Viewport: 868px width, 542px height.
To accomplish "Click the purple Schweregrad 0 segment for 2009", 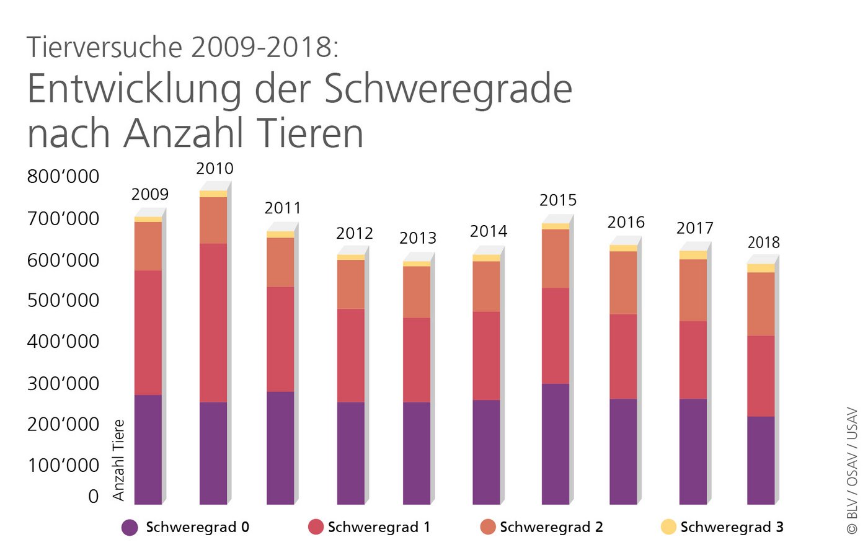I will pyautogui.click(x=148, y=449).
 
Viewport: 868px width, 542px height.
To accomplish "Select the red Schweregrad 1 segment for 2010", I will pyautogui.click(x=213, y=322).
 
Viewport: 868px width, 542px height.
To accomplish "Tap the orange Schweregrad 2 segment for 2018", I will pyautogui.click(x=761, y=304).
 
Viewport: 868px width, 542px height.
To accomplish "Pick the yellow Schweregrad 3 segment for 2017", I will pyautogui.click(x=693, y=255).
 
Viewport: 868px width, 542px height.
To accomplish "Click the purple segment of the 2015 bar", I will pyautogui.click(x=555, y=443).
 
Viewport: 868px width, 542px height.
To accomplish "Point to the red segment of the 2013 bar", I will pyautogui.click(x=417, y=360).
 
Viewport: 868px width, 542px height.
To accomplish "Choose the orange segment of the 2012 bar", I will pyautogui.click(x=351, y=284).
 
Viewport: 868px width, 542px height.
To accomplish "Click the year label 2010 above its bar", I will pyautogui.click(x=215, y=169).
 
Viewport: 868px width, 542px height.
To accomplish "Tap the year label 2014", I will pyautogui.click(x=489, y=231).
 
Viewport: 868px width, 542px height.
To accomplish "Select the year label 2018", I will pyautogui.click(x=763, y=242).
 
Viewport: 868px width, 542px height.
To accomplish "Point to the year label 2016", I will pyautogui.click(x=626, y=222).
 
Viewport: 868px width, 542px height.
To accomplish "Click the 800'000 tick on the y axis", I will pyautogui.click(x=63, y=177).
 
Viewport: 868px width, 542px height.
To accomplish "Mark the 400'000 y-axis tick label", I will pyautogui.click(x=63, y=342).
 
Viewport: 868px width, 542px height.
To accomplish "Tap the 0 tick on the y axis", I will pyautogui.click(x=93, y=496).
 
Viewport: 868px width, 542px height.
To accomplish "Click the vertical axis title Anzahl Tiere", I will pyautogui.click(x=118, y=460).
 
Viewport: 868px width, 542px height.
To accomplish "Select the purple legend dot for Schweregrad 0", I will pyautogui.click(x=130, y=527).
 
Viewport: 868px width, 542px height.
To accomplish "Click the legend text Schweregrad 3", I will pyautogui.click(x=732, y=527).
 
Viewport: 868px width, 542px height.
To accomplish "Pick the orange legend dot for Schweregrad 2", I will pyautogui.click(x=488, y=527).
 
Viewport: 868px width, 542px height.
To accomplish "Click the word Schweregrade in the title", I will pyautogui.click(x=448, y=89).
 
